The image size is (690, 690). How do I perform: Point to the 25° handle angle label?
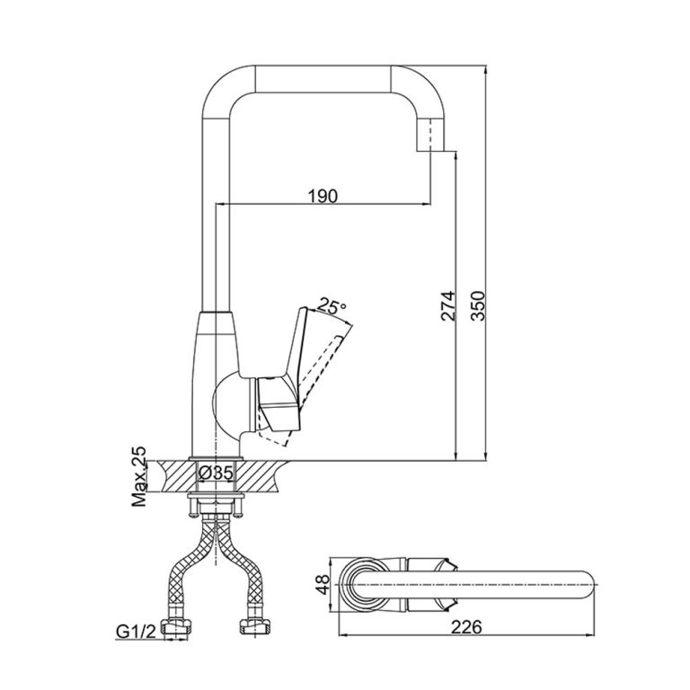tap(332, 306)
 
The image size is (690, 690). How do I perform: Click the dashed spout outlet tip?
tap(434, 138)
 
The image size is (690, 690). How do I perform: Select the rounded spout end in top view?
tap(579, 584)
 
